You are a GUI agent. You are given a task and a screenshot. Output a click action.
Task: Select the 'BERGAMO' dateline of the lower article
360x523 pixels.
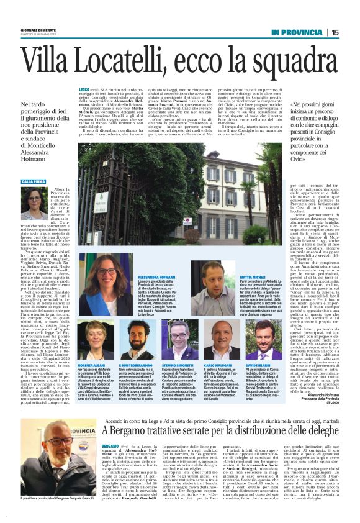tap(110, 429)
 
